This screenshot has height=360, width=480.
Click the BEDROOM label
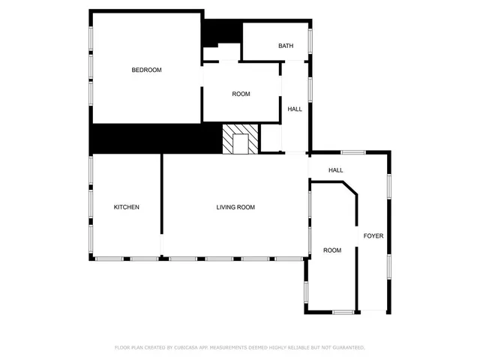[x=146, y=70]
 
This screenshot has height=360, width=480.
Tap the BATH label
[x=286, y=46]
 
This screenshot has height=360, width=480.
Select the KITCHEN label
[x=126, y=207]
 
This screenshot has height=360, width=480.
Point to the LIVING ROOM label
[x=235, y=207]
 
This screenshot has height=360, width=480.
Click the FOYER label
[x=373, y=236]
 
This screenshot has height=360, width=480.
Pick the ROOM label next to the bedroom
[x=241, y=94]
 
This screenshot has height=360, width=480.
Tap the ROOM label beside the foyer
[x=332, y=250]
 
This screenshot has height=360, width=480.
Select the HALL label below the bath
[x=295, y=109]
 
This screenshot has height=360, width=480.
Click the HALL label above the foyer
[x=335, y=170]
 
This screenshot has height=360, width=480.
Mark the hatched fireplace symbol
[x=241, y=139]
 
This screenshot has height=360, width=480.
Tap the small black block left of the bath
[x=220, y=32]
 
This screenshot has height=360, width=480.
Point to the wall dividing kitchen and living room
[x=161, y=202]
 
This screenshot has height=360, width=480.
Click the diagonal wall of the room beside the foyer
[x=349, y=187]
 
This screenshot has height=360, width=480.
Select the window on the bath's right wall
[x=310, y=37]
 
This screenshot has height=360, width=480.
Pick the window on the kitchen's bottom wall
[x=126, y=259]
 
